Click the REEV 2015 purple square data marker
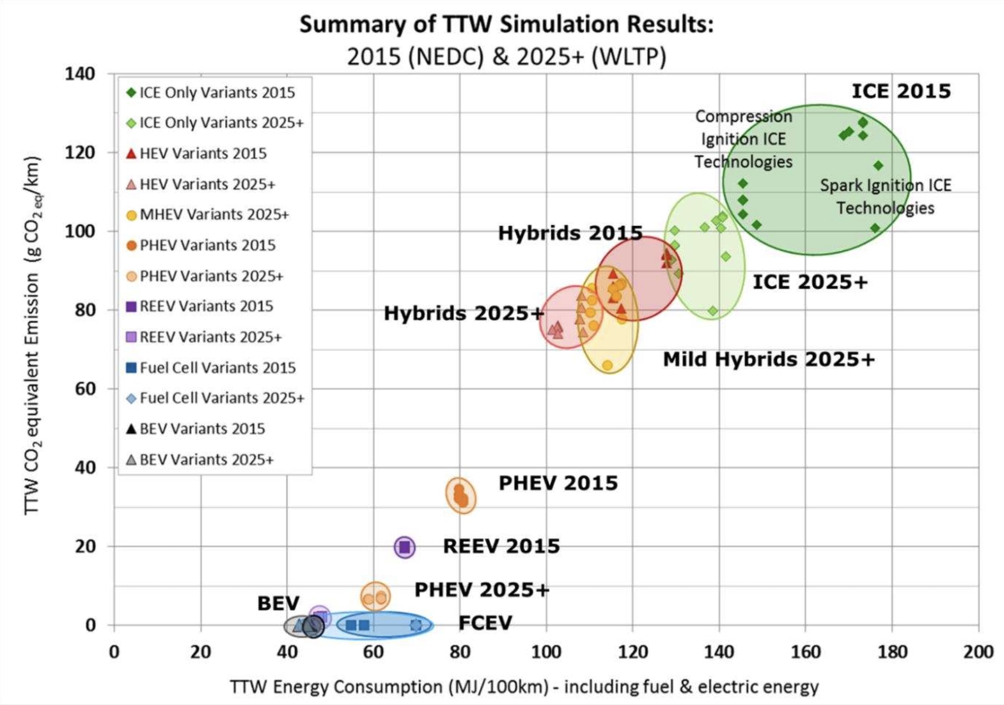coord(405,547)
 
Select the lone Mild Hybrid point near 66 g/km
coord(607,365)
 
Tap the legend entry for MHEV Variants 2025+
coord(214,215)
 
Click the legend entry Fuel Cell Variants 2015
coord(217,368)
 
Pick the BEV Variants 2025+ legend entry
coord(206,460)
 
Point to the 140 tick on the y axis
coord(80,73)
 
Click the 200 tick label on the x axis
coord(978,652)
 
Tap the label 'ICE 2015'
coord(901,91)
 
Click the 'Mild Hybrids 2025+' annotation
coord(768,359)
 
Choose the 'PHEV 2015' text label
coord(558,483)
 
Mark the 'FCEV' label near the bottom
coord(485,623)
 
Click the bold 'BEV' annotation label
coord(278,603)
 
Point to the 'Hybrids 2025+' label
coord(463,314)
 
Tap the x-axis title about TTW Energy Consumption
coord(524,687)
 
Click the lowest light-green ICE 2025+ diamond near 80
coord(713,311)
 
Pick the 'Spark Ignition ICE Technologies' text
coord(885,196)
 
